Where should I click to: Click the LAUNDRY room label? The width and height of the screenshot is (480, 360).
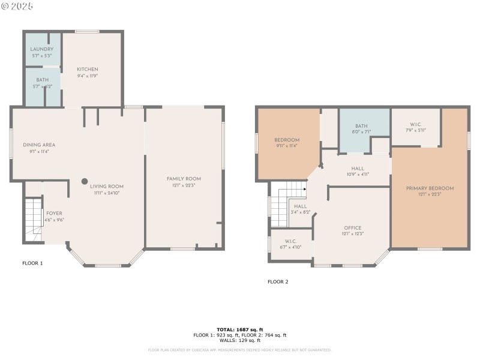42,49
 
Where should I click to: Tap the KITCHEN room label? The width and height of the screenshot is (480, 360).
87,70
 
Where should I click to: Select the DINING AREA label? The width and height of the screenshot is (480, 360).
39,145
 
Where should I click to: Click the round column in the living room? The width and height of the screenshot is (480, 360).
85,181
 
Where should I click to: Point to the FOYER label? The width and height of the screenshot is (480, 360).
54,214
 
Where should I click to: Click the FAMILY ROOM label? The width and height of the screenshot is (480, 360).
184,179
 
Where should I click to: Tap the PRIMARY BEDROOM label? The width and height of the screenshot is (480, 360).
430,188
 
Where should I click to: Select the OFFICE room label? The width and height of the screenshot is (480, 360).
352,228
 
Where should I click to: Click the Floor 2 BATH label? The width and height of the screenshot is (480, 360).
362,126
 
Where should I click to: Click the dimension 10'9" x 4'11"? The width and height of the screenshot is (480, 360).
358,175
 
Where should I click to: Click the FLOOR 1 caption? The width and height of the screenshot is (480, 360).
32,263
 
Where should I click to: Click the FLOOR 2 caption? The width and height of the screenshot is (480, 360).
278,281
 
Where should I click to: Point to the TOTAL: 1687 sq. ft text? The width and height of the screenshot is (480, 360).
239,330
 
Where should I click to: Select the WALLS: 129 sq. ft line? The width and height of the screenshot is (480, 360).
239,340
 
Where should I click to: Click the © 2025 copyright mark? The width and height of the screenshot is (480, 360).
18,6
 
